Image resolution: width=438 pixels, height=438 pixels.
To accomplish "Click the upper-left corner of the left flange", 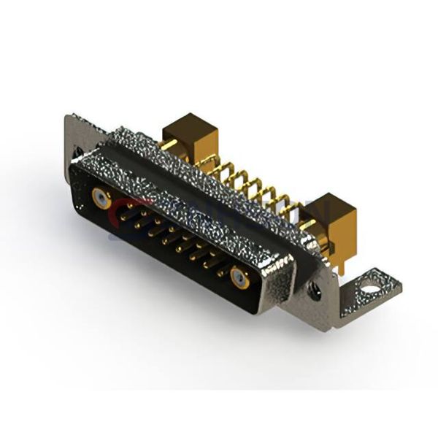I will click(69, 116).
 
